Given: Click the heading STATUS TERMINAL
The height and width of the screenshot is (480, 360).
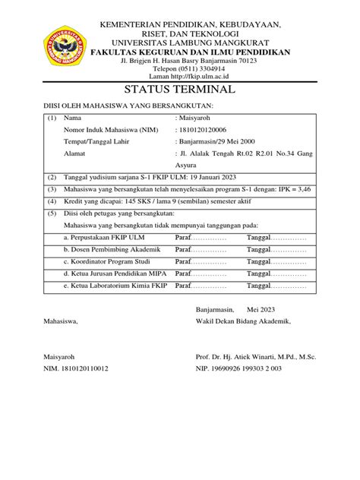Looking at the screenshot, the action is click(180, 89).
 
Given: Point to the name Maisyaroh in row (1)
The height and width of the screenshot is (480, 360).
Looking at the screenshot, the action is click(194, 118).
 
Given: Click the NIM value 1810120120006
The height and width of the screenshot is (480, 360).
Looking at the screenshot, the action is click(207, 131).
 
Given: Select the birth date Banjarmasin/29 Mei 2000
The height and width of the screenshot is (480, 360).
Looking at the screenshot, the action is click(219, 142).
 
